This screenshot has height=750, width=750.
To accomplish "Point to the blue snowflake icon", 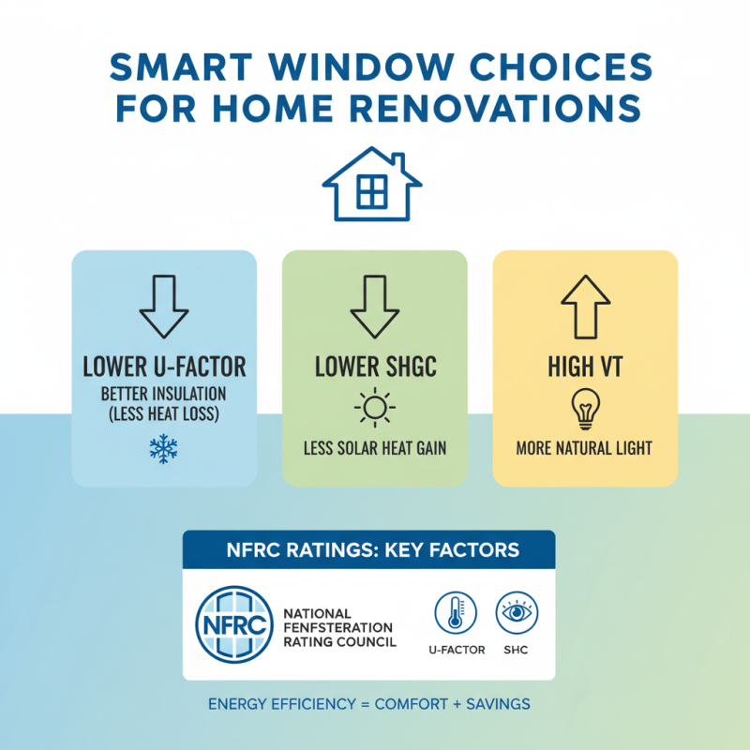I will (x=163, y=449).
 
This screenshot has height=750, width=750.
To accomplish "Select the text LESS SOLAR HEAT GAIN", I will (x=374, y=449).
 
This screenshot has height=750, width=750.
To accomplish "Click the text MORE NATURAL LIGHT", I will (x=584, y=449).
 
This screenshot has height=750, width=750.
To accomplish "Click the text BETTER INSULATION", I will (x=163, y=392).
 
